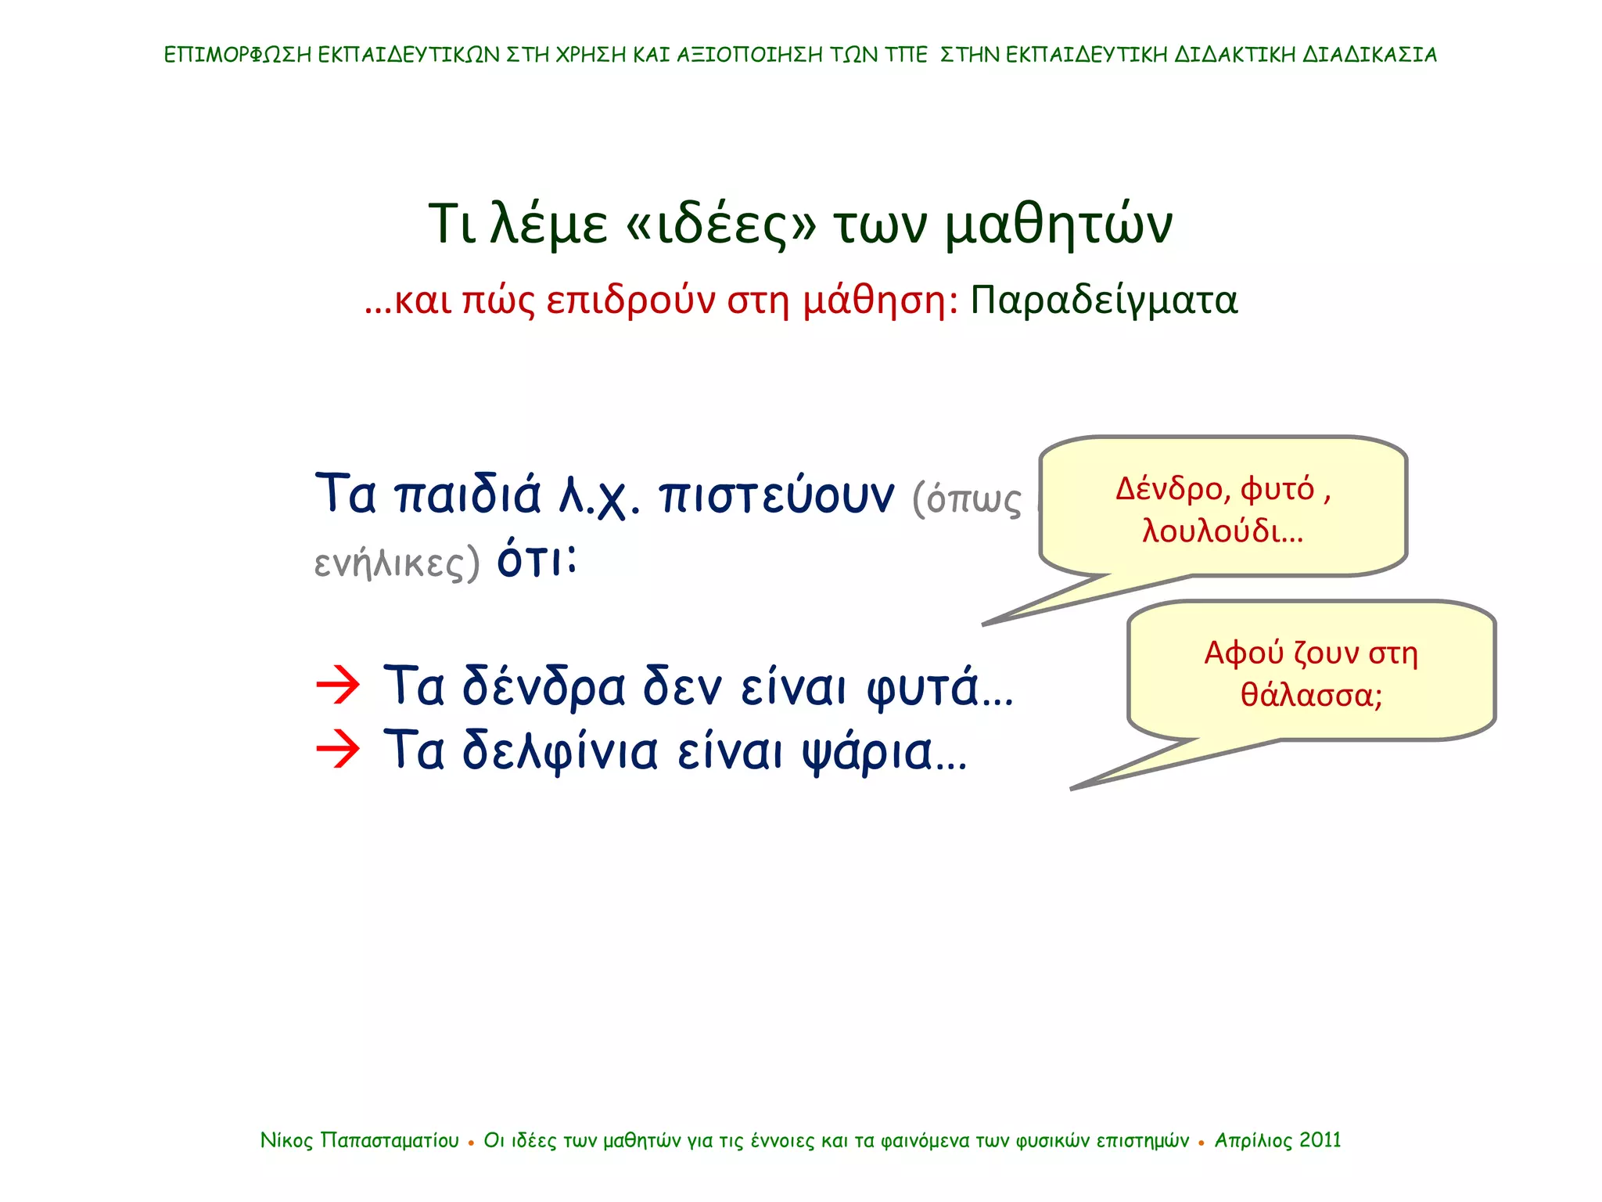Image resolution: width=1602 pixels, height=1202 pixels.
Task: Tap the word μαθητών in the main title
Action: click(x=1058, y=225)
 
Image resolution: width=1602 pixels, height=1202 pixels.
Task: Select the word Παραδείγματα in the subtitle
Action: click(x=1104, y=300)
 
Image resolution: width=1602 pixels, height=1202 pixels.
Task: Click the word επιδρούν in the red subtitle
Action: click(x=630, y=300)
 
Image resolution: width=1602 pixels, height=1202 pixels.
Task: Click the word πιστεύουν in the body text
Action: click(x=776, y=496)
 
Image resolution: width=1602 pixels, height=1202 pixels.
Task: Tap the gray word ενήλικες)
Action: click(x=396, y=562)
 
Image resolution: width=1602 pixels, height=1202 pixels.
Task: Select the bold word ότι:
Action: click(x=537, y=560)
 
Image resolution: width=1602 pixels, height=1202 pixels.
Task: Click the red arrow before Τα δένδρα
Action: click(x=338, y=686)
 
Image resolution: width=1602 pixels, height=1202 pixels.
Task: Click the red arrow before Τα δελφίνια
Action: click(x=338, y=749)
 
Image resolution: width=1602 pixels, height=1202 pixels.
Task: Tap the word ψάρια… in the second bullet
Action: click(x=885, y=752)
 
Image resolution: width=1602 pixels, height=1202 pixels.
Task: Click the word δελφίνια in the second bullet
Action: click(x=560, y=751)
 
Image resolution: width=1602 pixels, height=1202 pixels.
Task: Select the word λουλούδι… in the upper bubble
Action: click(x=1223, y=531)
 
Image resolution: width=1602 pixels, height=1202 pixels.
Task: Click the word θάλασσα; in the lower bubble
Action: click(x=1311, y=695)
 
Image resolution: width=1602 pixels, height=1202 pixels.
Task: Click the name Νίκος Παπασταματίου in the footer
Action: click(x=360, y=1140)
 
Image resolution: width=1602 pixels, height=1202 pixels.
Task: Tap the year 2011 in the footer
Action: click(x=1320, y=1140)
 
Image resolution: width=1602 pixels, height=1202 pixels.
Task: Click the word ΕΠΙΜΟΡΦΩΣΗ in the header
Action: click(x=238, y=55)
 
